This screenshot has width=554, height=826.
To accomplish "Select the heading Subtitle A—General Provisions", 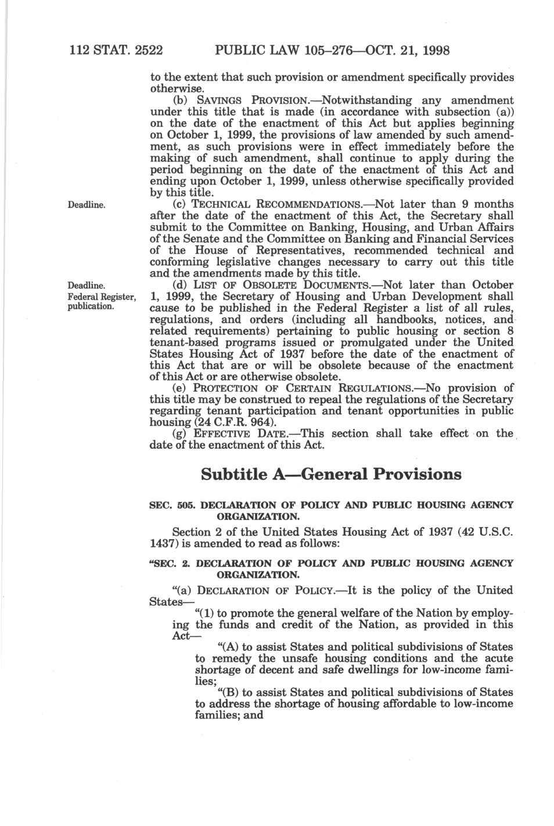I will (x=330, y=474).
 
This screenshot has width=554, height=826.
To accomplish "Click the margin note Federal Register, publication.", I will (x=102, y=301).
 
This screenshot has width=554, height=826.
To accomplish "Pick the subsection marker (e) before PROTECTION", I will (x=180, y=388).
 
